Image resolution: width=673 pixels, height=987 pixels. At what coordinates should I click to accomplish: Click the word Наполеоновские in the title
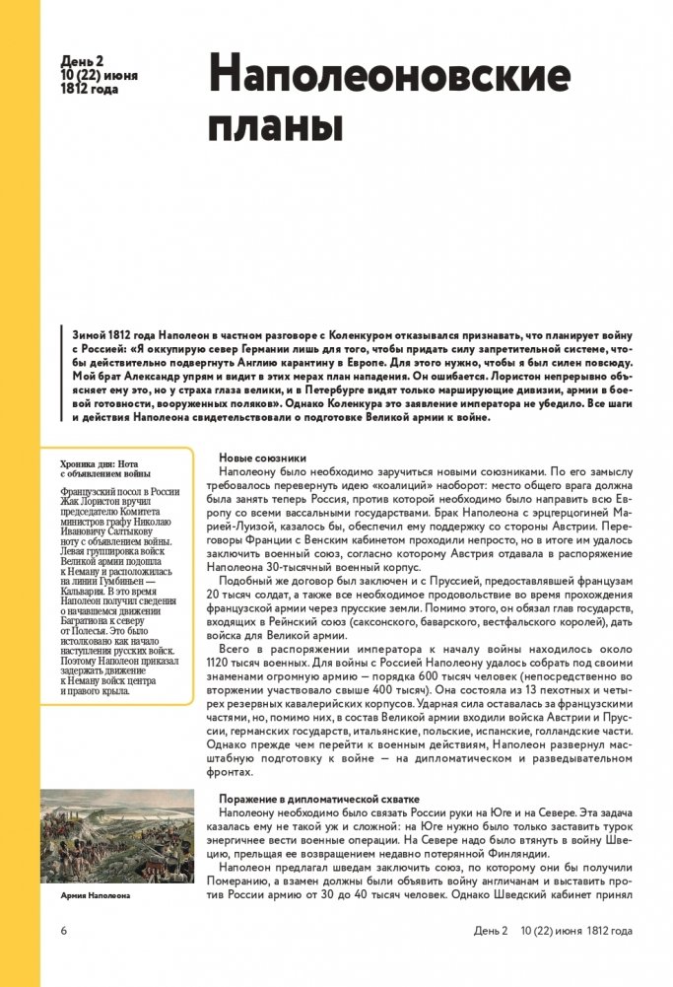tap(389, 77)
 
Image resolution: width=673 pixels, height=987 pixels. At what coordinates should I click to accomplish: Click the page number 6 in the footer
tap(63, 930)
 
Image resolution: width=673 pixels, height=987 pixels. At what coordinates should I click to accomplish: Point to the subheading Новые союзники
tap(262, 458)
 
